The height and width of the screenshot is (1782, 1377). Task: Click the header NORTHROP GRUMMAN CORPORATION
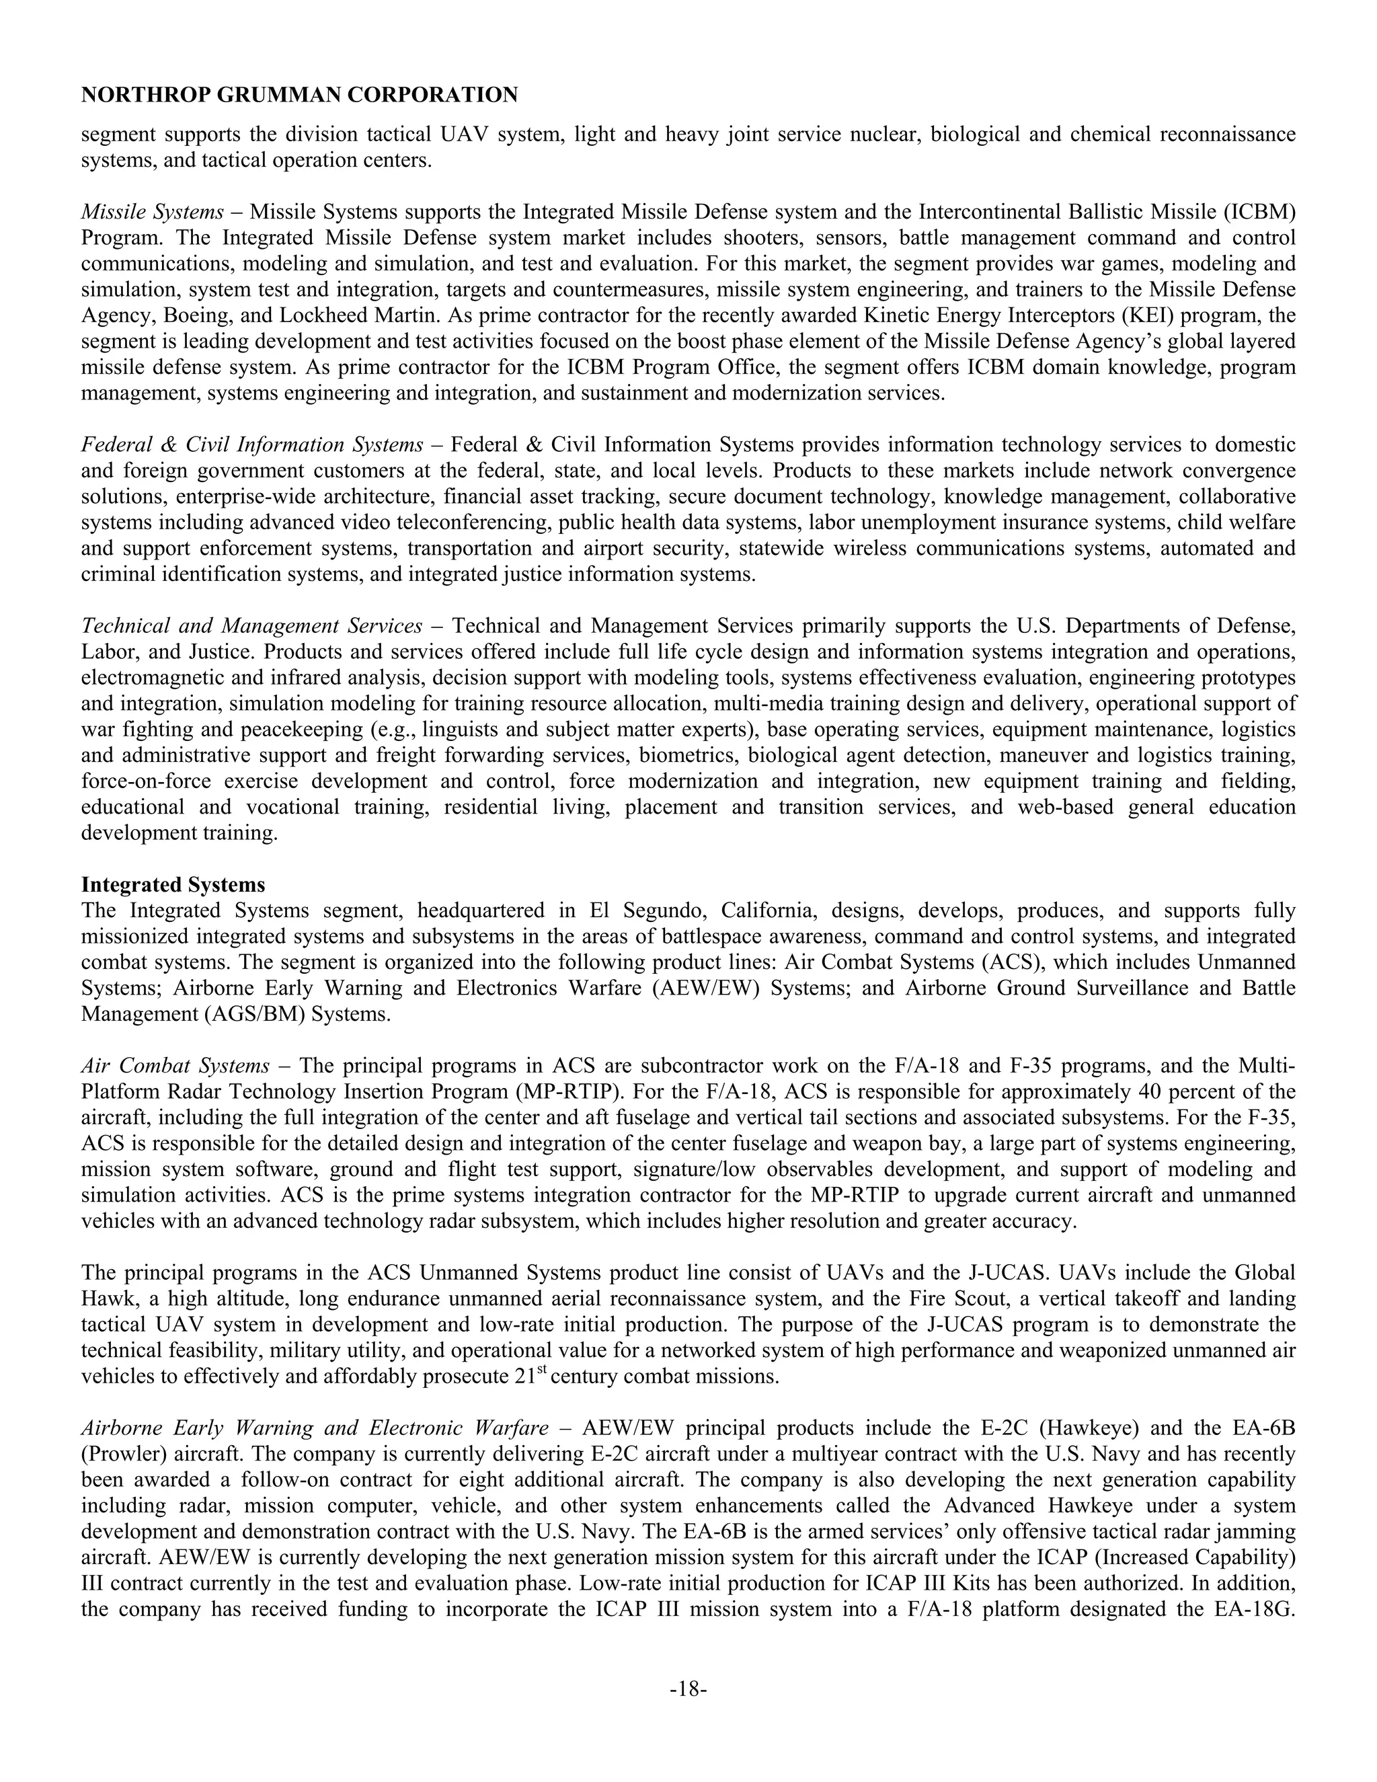[299, 95]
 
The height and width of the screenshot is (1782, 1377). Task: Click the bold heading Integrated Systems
[173, 884]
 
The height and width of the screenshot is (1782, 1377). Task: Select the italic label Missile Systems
[152, 212]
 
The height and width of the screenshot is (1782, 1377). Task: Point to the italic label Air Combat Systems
[175, 1066]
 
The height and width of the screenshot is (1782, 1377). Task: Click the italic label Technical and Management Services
[252, 626]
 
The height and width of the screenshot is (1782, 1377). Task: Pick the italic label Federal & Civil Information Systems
[252, 444]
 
